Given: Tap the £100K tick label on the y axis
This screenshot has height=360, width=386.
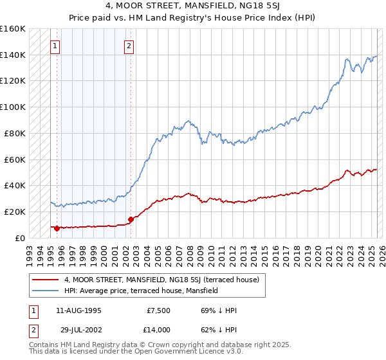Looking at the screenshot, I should (13, 107).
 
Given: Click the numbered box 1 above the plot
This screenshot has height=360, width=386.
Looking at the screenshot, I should (55, 46).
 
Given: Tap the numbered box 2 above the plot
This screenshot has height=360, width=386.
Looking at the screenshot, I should (129, 46).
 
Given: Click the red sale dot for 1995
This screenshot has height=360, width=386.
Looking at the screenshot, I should (57, 228).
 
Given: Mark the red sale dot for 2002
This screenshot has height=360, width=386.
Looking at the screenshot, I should (131, 219).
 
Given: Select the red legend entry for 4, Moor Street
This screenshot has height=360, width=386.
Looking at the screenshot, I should (161, 280).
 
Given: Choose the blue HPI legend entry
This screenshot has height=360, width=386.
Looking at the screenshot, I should (141, 291).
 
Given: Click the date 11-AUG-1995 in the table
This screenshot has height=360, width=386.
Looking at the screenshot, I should (78, 311).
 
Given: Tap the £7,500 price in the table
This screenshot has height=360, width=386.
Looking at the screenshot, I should (158, 311).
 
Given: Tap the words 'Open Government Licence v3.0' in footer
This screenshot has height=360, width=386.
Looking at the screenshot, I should (184, 352).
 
